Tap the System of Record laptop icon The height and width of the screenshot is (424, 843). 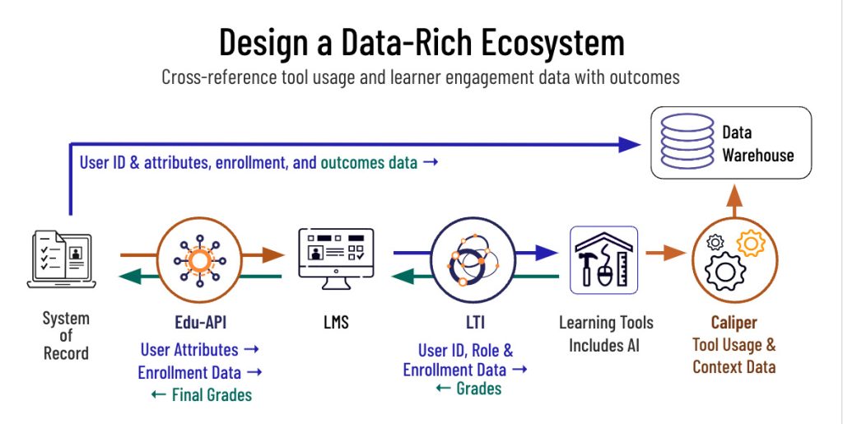(62, 260)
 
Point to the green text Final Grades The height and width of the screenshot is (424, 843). (211, 394)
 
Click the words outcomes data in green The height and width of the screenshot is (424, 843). (369, 162)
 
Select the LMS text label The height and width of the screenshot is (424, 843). (335, 323)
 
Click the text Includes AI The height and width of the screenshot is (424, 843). (605, 344)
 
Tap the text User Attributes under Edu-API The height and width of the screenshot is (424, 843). (189, 350)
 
